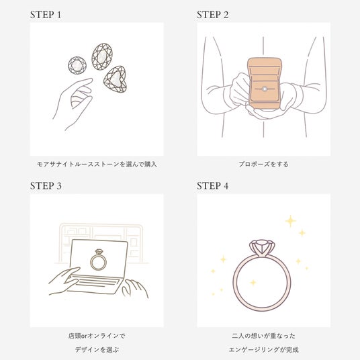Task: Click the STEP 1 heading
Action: (46, 15)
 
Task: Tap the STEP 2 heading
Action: (213, 15)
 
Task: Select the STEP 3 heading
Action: (46, 186)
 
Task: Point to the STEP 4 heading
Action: (213, 186)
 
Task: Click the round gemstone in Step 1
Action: (77, 65)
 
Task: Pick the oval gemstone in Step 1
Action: (102, 56)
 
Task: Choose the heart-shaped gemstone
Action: (116, 79)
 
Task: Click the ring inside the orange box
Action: (265, 89)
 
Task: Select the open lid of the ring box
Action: (265, 69)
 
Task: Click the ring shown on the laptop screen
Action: (98, 260)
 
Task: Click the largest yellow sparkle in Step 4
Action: (291, 221)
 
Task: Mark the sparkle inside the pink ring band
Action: (253, 282)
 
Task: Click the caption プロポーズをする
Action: (263, 165)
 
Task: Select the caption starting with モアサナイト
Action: (97, 165)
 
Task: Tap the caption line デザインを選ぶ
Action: (97, 350)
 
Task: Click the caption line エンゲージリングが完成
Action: (263, 350)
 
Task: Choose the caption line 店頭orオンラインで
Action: (97, 336)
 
